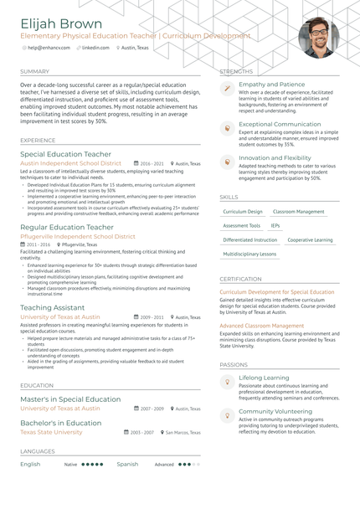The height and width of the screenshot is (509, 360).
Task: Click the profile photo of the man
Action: point(318,39)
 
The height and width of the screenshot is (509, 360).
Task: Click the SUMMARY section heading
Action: point(34,72)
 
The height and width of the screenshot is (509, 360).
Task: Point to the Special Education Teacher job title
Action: point(65,155)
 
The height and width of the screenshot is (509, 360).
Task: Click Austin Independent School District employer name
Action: point(76,164)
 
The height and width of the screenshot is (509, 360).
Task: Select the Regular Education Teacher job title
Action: point(67,227)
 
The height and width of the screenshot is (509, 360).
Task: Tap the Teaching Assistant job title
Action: point(52,308)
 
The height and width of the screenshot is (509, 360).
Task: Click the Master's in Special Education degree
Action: point(70,399)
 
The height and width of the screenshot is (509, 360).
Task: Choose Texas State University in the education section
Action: point(51,432)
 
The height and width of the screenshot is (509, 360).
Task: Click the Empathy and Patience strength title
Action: point(271,85)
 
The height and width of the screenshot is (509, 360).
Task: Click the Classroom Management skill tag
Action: point(299,212)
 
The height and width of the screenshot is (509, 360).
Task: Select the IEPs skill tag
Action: point(275,225)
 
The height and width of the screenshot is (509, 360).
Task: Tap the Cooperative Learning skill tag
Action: point(310,239)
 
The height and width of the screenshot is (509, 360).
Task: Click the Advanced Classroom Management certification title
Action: point(262,326)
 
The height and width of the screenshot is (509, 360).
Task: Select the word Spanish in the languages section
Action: point(127,464)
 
